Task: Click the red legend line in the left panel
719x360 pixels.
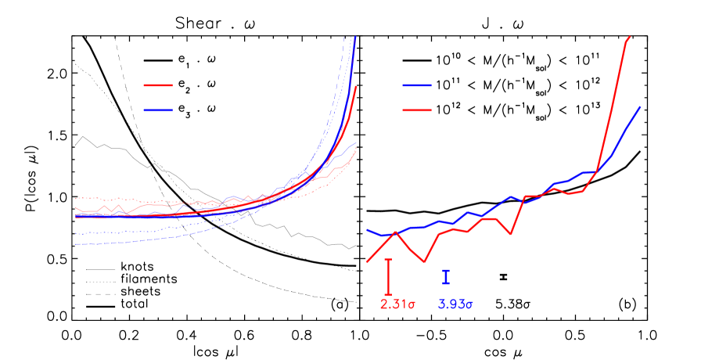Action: (158, 85)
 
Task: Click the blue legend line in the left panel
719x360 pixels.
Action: (158, 110)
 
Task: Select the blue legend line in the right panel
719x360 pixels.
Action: (416, 85)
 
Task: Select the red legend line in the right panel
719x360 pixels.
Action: (416, 110)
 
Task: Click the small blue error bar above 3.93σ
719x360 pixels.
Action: (446, 276)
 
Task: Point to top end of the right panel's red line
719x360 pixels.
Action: (630, 37)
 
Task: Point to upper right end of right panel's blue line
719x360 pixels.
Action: (641, 106)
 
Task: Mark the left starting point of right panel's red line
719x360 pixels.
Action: (367, 261)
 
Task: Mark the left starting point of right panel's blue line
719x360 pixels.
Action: (368, 230)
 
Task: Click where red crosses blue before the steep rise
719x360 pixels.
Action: (597, 171)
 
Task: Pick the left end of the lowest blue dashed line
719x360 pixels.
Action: (76, 245)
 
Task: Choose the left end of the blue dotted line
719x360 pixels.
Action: (76, 233)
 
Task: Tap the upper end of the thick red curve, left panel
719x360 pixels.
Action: (357, 86)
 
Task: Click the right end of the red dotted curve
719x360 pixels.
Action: (357, 150)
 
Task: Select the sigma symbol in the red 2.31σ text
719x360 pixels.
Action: (412, 305)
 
